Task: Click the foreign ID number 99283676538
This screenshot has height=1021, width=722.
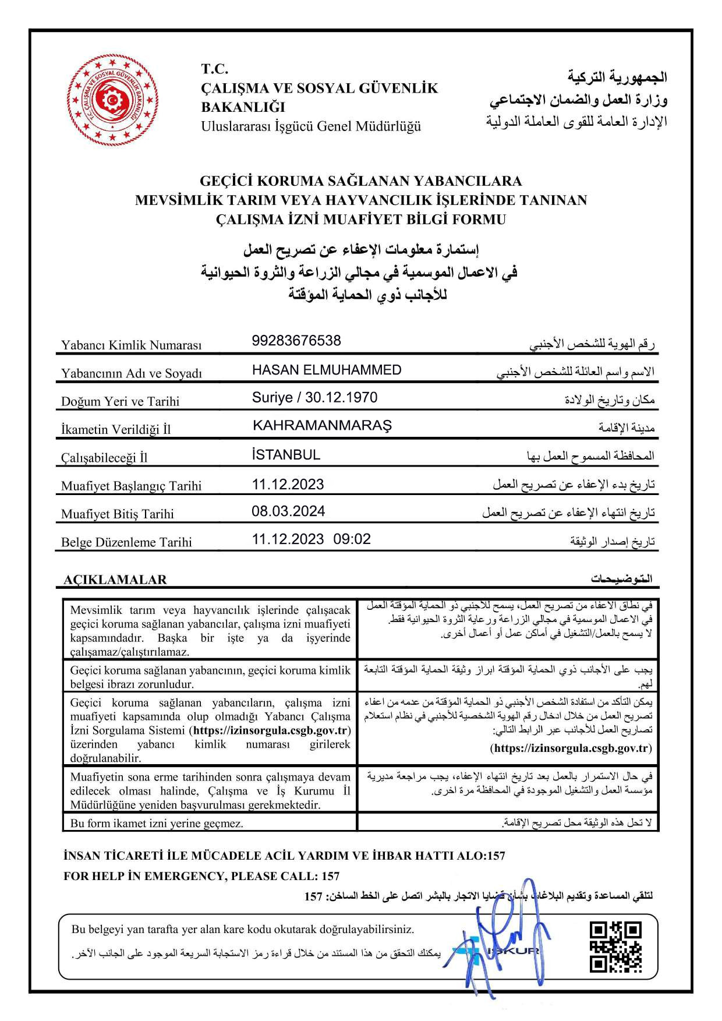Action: [x=296, y=341]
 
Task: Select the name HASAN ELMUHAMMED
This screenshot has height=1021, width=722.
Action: [x=327, y=370]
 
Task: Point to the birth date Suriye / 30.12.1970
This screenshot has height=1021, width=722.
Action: [x=314, y=398]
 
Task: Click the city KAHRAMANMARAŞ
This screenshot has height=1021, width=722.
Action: [x=322, y=425]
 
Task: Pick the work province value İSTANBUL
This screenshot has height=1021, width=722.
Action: [x=286, y=455]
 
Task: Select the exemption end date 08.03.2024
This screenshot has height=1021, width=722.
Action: [x=288, y=511]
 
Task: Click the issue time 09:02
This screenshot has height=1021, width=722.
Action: [x=352, y=539]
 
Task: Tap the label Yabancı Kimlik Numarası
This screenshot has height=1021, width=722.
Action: [x=131, y=345]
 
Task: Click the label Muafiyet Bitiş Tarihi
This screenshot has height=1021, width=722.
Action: [x=118, y=514]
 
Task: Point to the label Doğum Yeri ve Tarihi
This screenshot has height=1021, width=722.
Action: [x=120, y=401]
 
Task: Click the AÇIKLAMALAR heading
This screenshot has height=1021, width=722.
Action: [x=115, y=580]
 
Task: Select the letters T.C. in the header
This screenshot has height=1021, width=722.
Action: [x=215, y=69]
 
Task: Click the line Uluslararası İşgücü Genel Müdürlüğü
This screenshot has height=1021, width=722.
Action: [x=311, y=126]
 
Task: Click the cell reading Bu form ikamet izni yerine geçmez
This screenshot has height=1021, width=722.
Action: [x=157, y=824]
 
